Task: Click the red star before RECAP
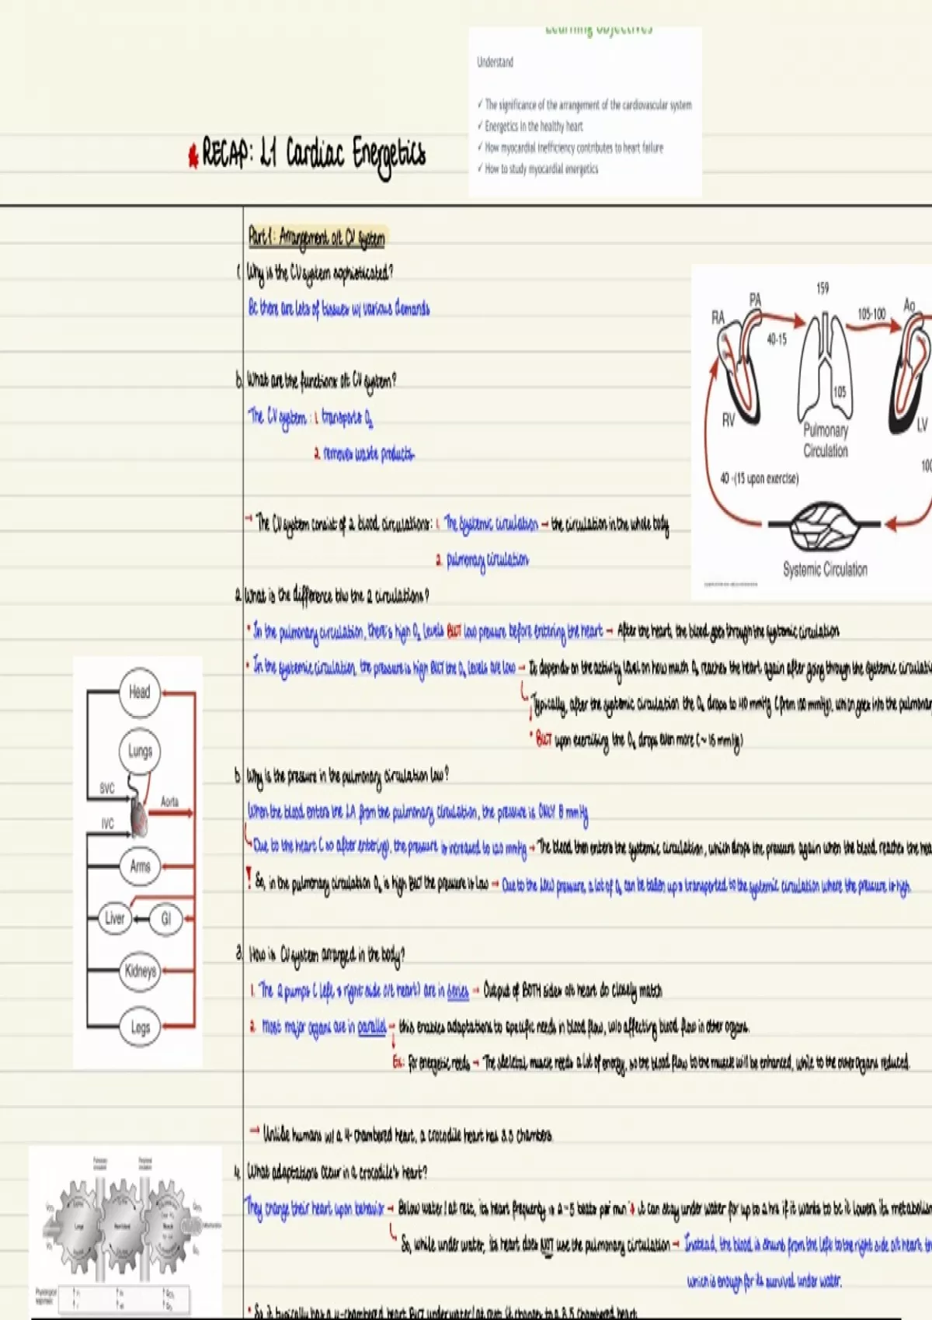193,156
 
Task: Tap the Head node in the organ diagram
140,692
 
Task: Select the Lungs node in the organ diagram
140,751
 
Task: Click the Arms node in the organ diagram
140,866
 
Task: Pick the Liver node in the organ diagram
115,919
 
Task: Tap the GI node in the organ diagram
165,919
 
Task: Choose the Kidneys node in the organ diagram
140,971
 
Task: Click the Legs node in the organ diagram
140,1027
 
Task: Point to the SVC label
107,788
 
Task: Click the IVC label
107,823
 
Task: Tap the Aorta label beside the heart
169,801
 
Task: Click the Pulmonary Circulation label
826,440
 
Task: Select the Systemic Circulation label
825,569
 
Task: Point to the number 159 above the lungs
822,288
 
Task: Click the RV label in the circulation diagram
728,420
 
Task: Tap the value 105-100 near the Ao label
871,314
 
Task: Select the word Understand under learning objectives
495,62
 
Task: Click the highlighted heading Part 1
316,237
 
